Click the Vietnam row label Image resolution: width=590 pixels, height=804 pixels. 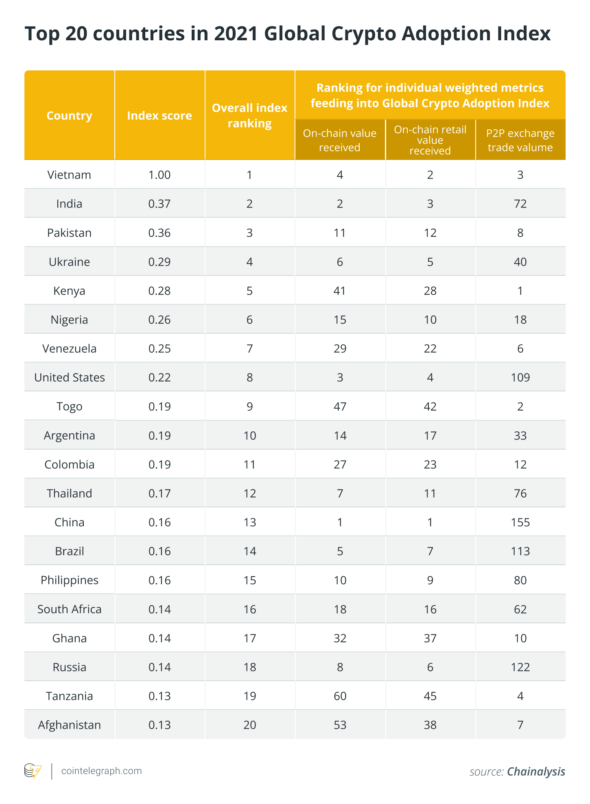(x=69, y=175)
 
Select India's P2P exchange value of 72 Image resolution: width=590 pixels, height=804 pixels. (x=520, y=203)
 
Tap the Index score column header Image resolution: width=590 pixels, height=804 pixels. (x=160, y=116)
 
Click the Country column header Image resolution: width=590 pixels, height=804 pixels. (x=69, y=116)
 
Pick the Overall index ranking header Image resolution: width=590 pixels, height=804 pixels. (x=249, y=116)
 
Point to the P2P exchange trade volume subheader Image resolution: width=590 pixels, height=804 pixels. (x=520, y=140)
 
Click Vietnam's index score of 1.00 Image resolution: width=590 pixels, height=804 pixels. (x=160, y=175)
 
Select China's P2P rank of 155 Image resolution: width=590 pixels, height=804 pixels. (x=520, y=522)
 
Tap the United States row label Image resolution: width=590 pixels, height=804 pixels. (x=70, y=378)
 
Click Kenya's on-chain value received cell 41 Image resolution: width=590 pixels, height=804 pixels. (x=340, y=291)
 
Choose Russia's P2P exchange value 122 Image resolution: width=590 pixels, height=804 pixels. (x=520, y=667)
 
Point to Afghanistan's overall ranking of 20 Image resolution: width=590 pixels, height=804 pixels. (x=250, y=725)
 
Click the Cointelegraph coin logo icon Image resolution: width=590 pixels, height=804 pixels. (x=33, y=771)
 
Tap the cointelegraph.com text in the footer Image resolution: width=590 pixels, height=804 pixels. (x=101, y=771)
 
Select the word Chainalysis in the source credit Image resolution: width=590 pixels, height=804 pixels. (x=536, y=772)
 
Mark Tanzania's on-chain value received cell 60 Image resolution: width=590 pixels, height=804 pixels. (x=340, y=696)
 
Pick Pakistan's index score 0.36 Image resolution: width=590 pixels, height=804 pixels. (x=160, y=233)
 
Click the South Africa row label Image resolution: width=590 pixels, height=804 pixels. (x=70, y=609)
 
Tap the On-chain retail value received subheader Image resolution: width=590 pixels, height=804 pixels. (x=430, y=140)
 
